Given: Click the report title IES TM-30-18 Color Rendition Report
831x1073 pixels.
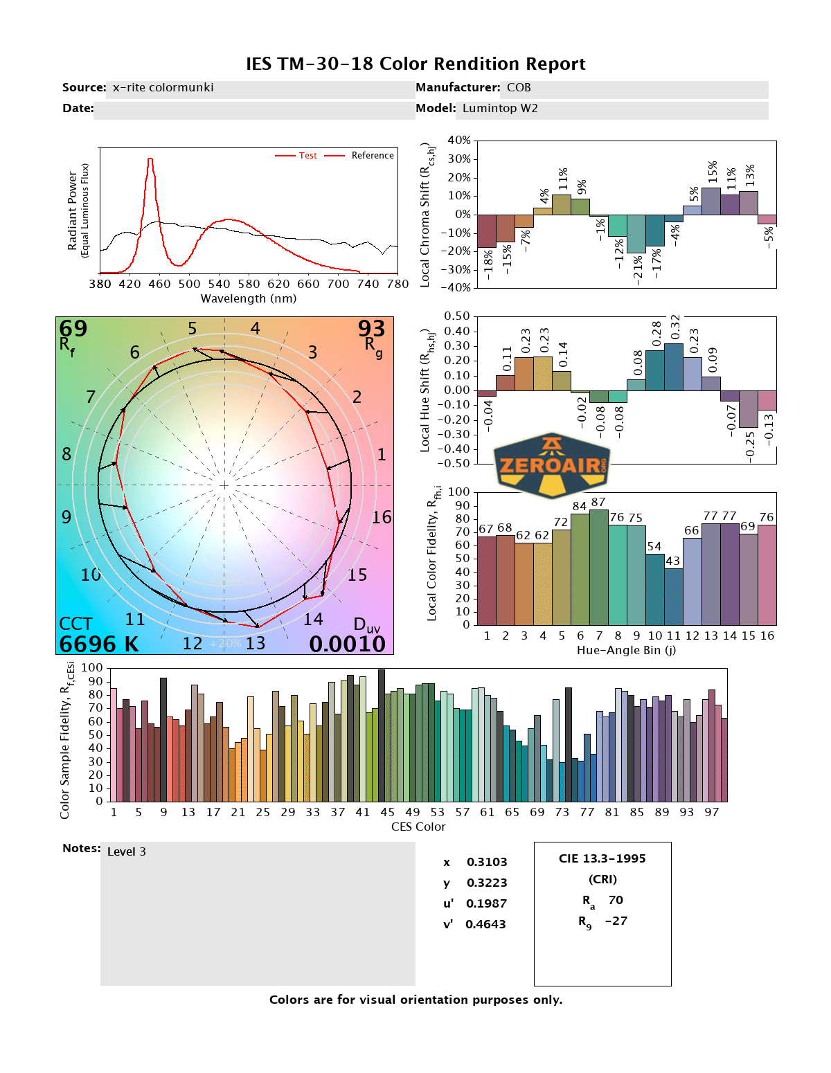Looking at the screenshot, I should [x=415, y=64].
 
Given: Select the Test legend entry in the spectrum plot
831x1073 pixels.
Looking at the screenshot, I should [x=307, y=156].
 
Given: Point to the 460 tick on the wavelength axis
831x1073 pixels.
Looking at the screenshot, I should [x=159, y=284].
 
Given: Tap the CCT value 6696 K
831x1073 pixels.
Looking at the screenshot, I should [x=98, y=644].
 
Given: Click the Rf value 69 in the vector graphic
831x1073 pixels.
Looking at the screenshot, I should [x=73, y=328].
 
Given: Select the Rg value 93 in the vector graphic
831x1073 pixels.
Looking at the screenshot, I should [x=371, y=328].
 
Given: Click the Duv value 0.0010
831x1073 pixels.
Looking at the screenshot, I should [x=347, y=644].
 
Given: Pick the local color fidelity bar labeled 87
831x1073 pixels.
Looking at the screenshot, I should [x=599, y=568].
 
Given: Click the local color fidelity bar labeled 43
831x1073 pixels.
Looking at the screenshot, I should [x=674, y=597].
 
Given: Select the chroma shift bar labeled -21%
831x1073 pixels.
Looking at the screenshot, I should [x=636, y=234].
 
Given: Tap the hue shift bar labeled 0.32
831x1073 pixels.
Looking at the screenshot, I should [x=674, y=367].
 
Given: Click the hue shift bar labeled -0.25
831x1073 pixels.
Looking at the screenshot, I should [x=749, y=409].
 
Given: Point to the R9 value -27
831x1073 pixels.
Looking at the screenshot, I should [x=616, y=921].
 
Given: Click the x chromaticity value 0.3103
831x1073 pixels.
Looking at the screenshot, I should [x=487, y=862].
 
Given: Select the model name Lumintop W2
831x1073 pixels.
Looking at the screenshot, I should [x=500, y=109].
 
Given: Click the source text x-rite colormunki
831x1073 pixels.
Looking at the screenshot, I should [x=163, y=88].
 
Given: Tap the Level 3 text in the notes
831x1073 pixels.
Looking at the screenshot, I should [x=127, y=851].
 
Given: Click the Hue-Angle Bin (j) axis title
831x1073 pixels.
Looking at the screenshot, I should [x=626, y=650].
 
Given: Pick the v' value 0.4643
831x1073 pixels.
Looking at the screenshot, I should [x=485, y=924].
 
